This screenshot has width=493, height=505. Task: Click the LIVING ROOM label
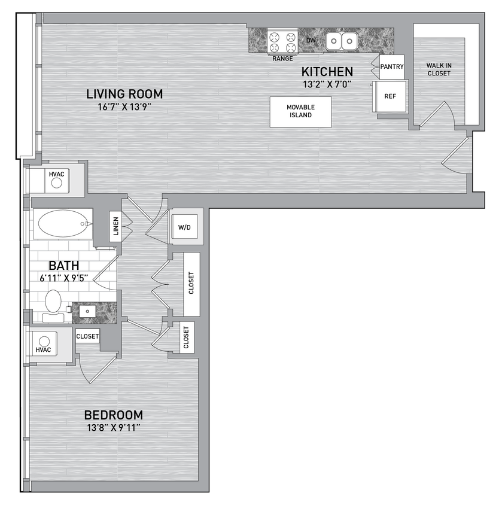(124, 94)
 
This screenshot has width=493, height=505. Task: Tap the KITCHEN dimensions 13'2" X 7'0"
(326, 84)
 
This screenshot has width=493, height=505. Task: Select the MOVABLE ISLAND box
(300, 111)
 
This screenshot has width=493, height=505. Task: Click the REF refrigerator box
(389, 96)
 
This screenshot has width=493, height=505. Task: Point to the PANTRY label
(392, 66)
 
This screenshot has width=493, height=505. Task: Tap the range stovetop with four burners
(282, 41)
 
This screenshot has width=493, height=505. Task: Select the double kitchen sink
(342, 41)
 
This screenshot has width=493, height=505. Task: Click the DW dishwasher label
(311, 40)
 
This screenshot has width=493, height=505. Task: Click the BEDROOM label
(113, 415)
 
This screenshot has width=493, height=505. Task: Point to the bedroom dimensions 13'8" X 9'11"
(113, 427)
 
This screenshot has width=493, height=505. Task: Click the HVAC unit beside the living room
(56, 179)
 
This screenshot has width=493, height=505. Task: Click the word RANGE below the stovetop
(282, 59)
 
